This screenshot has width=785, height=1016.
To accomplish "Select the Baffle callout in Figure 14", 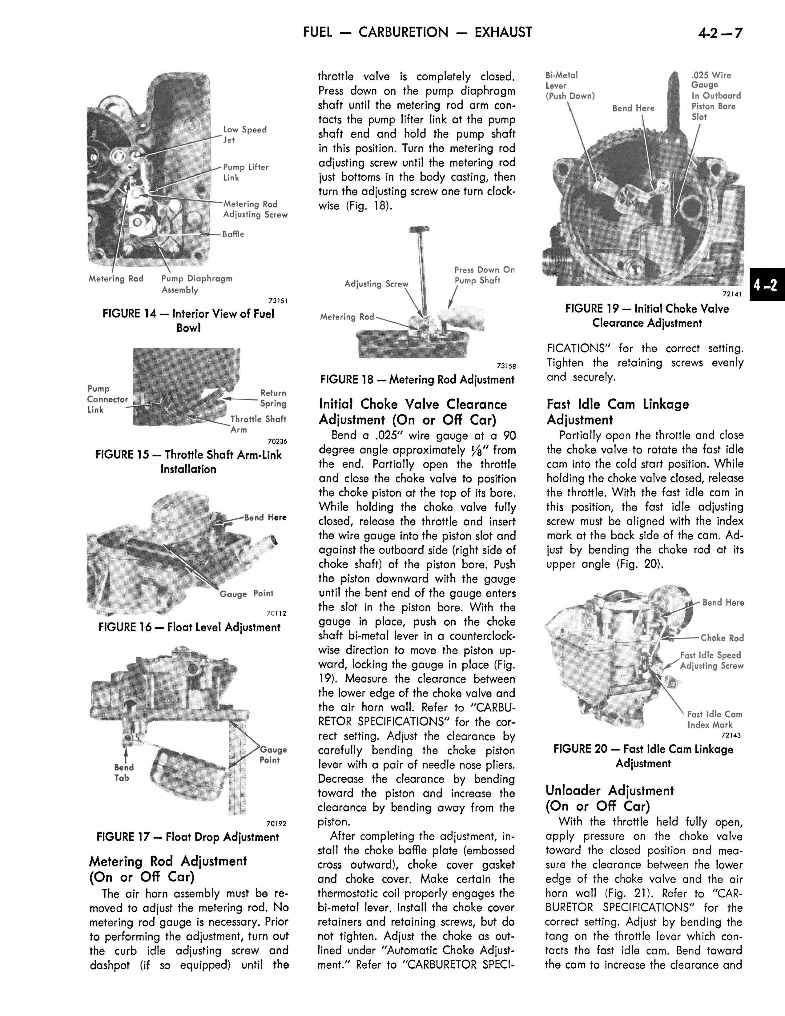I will (233, 234).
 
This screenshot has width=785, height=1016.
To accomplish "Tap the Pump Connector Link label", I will (107, 399).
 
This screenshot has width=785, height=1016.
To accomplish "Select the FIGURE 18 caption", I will (417, 380).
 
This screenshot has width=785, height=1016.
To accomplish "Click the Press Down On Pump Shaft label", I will (484, 275).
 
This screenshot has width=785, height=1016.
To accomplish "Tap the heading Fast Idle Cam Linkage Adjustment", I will (617, 412).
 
